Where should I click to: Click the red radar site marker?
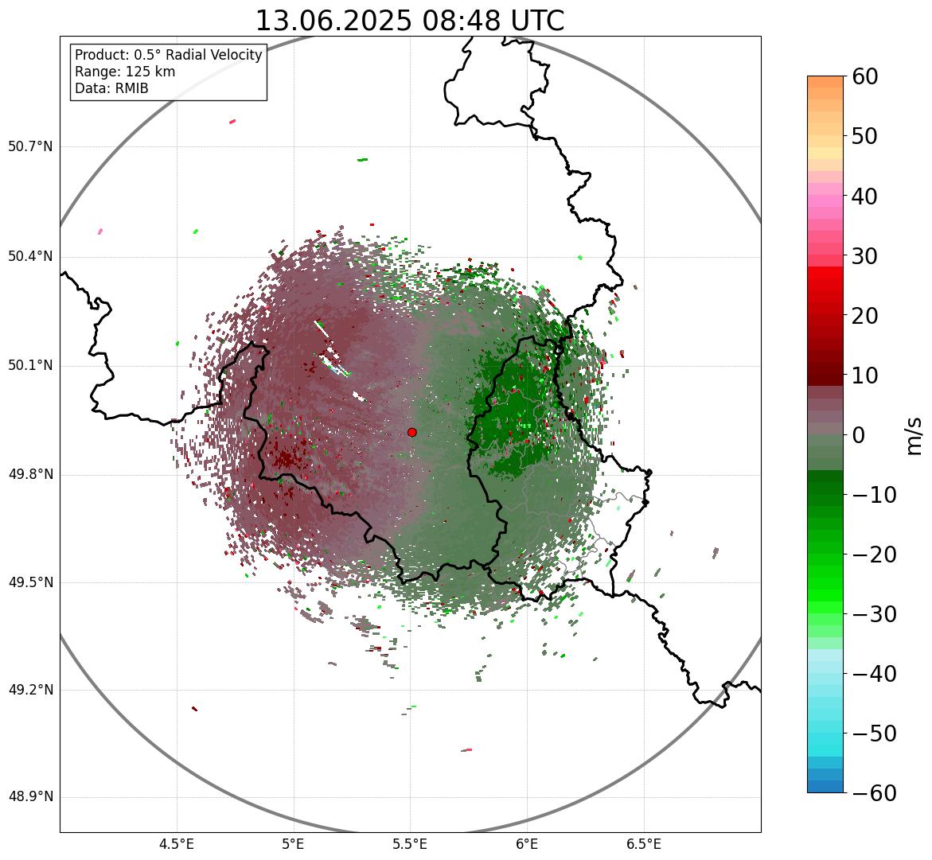[411, 432]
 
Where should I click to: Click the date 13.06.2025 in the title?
[333, 21]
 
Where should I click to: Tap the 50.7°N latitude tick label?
[30, 147]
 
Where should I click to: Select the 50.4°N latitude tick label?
[30, 257]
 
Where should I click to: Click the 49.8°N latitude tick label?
[30, 475]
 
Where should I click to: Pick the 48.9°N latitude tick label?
[30, 797]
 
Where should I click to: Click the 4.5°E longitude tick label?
[177, 844]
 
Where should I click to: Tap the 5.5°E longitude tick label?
[410, 844]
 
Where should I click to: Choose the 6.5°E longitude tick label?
[643, 844]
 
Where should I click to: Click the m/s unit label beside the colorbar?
[914, 435]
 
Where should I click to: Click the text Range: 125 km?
[125, 72]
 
